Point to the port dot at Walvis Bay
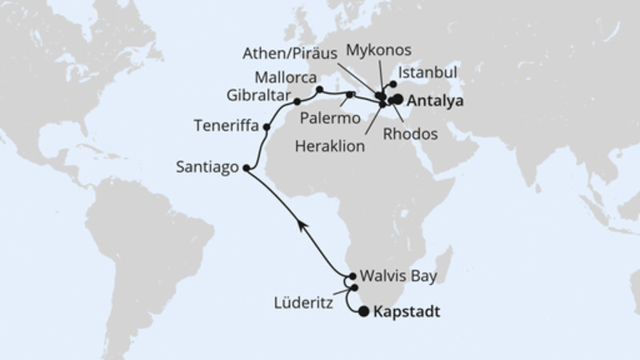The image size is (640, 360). (x=353, y=276)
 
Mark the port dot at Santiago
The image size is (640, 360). (x=246, y=169)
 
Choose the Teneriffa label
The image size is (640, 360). (x=226, y=126)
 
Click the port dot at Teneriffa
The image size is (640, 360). (x=266, y=126)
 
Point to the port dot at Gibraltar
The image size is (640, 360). (x=297, y=102)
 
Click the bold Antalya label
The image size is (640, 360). (x=437, y=102)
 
